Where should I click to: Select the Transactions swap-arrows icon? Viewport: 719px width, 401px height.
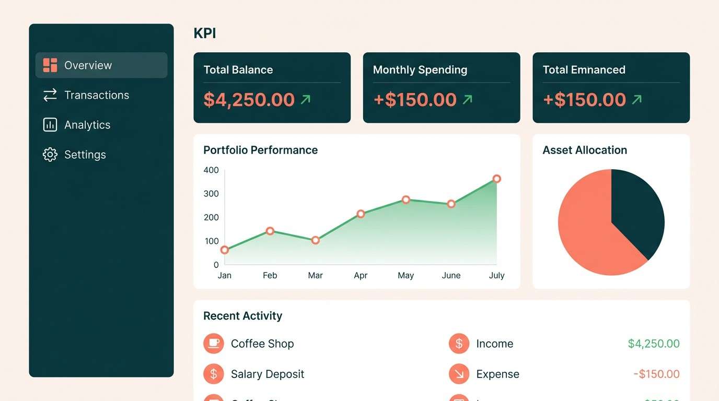point(50,95)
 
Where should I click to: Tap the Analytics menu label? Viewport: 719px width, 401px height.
point(87,125)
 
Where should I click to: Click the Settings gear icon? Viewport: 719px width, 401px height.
point(50,155)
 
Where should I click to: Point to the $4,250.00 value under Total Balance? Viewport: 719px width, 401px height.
point(249,100)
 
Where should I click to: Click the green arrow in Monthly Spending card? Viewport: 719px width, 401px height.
point(468,99)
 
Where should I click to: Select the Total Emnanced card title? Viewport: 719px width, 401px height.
point(584,70)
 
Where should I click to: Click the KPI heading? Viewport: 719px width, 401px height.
point(204,33)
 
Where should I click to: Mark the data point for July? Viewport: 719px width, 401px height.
point(496,179)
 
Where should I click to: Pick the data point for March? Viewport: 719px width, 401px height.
point(315,240)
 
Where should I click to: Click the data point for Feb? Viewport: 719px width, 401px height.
point(270,231)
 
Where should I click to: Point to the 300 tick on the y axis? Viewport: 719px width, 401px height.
point(211,194)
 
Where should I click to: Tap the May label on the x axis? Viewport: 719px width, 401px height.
point(405,275)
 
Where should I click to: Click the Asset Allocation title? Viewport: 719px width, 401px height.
point(584,150)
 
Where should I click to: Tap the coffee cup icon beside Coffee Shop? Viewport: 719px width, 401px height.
point(213,344)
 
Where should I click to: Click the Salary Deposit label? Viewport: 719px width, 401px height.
point(267,374)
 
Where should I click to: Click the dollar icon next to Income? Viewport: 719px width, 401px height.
point(459,344)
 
